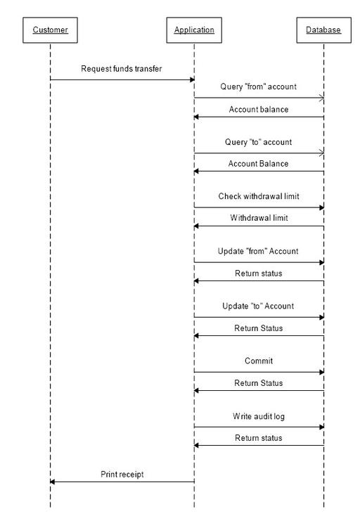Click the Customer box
coord(50,30)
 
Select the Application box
coord(194,30)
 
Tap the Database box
coord(324,30)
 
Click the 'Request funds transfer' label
coord(122,69)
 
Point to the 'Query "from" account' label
coord(258,86)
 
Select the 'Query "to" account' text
coord(258,142)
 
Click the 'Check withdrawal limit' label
coord(259,196)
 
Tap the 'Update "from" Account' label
coord(258,251)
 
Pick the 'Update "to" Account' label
coord(258,306)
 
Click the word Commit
coord(259,361)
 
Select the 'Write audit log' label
coord(259,416)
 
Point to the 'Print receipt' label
coord(122,475)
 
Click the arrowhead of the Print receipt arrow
coord(52,482)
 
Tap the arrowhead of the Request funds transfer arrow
coord(193,79)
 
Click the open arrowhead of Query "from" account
coord(321,98)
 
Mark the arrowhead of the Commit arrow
coord(322,372)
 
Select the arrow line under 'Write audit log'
coord(259,427)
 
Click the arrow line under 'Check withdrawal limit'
coord(259,207)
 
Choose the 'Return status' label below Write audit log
coord(259,438)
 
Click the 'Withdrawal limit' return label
coord(259,218)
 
